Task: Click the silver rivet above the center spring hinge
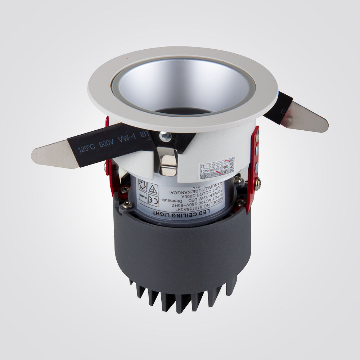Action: [165, 136]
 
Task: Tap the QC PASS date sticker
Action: [217, 168]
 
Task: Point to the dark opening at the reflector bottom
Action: [184, 110]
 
